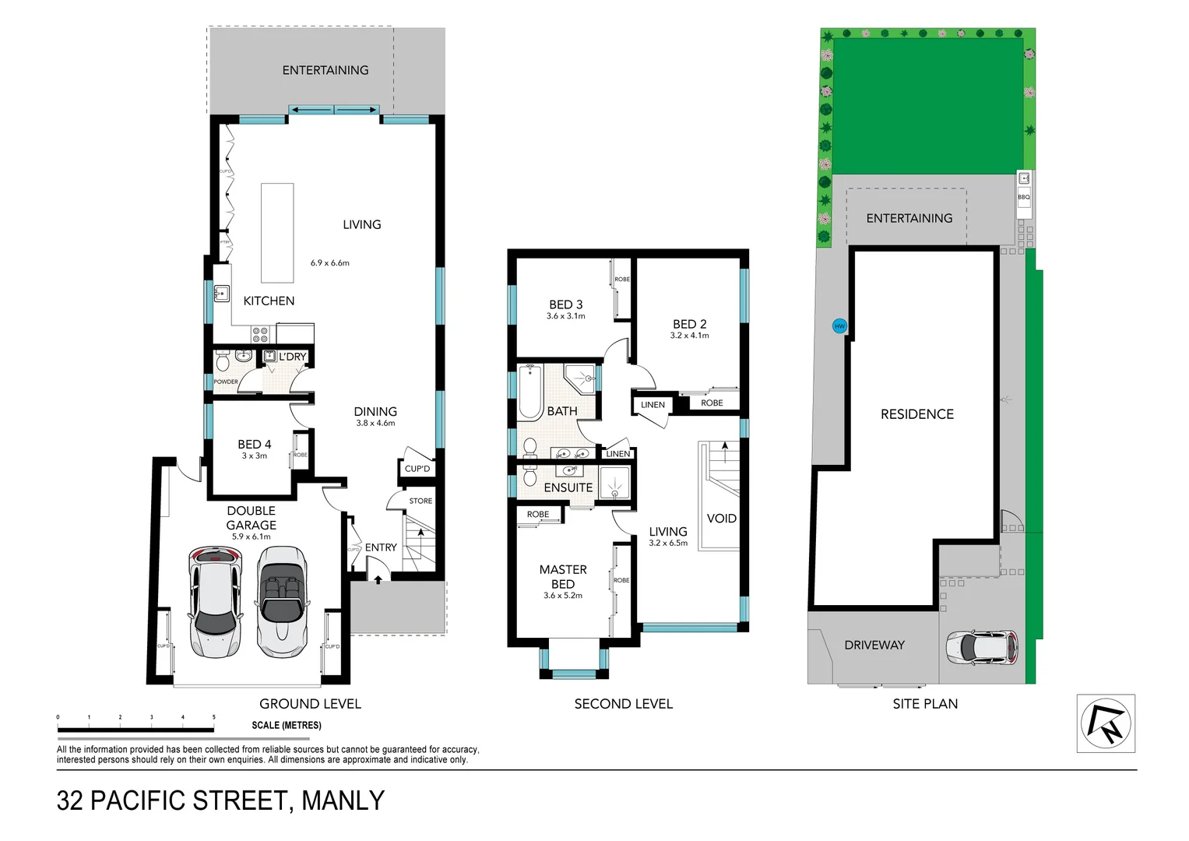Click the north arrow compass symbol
[1106, 723]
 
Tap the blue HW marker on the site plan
[839, 326]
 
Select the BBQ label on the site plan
[1023, 197]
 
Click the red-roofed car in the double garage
[214, 600]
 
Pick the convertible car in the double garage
[281, 600]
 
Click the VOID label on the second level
[721, 519]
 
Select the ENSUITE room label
[568, 487]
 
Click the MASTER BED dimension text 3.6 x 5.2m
[563, 596]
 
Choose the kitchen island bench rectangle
[276, 233]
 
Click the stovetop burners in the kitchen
[260, 335]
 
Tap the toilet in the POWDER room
[222, 362]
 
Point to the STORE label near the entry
[420, 501]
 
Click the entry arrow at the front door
[378, 579]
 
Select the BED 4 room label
[255, 445]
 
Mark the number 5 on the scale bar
[214, 717]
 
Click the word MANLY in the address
[343, 801]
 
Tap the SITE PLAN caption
[925, 704]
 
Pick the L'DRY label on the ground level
[293, 357]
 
